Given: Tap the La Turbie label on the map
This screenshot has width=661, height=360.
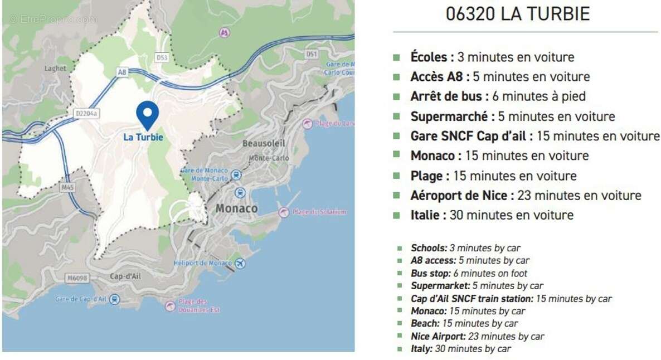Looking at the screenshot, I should [143, 137].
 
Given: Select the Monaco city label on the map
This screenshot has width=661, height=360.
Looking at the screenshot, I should [237, 208].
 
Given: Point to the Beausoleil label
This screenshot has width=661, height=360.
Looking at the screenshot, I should [264, 143].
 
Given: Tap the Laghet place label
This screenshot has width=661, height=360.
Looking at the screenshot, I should [55, 68].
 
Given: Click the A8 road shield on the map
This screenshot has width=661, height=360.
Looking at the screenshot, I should [122, 72].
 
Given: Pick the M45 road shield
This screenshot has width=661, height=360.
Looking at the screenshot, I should [67, 187].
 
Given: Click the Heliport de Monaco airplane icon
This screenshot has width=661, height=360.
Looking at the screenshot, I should [240, 263].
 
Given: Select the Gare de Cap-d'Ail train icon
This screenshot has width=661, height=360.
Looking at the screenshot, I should [114, 299].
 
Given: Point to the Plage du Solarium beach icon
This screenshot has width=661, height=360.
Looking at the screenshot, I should [284, 212].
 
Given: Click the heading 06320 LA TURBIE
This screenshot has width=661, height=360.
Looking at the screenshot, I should [518, 14].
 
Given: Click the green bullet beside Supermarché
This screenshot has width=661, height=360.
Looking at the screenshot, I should [396, 117].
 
